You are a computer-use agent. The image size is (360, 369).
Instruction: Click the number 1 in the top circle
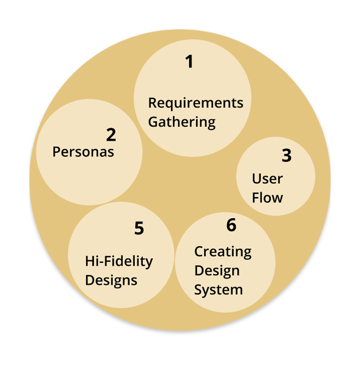coord(189,62)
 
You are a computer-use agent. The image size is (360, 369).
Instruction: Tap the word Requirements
coord(195,103)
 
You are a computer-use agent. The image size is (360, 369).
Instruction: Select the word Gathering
coord(181,122)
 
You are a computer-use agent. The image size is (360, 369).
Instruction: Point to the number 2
coord(111,135)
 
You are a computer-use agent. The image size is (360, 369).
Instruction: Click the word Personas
coord(83,152)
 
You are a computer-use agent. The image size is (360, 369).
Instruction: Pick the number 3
coord(286,156)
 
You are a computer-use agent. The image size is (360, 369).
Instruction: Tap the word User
coord(267,179)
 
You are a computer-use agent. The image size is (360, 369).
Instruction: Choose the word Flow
coord(268,198)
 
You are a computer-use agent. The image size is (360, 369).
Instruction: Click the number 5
coord(139,229)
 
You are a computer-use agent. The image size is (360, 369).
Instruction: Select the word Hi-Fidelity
coord(119,262)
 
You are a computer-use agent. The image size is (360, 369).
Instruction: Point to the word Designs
coord(111,281)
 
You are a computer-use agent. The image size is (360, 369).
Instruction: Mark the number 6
coord(231,225)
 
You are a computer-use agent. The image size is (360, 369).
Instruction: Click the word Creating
coord(223,252)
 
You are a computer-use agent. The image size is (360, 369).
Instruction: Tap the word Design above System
coord(217,271)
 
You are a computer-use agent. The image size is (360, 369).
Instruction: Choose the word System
coord(218,290)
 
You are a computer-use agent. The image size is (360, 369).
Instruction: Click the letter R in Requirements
coord(152,103)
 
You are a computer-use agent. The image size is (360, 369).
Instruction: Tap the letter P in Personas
coord(56,152)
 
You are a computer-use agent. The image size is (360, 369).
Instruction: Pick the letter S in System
coord(198,290)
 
